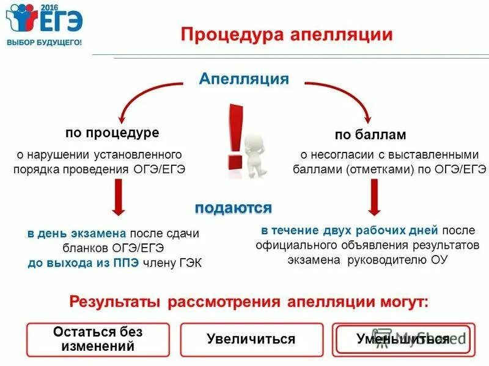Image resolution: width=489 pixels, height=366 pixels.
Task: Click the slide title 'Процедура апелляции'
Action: [287, 34]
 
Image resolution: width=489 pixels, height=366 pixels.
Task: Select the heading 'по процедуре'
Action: [112, 132]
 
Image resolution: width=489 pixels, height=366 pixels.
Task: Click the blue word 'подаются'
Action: [233, 208]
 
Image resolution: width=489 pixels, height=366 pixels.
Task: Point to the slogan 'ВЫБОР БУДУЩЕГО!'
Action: [43, 43]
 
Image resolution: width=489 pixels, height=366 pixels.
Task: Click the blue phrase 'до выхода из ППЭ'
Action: [83, 263]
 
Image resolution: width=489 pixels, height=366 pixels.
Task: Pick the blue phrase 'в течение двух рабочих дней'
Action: [350, 231]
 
